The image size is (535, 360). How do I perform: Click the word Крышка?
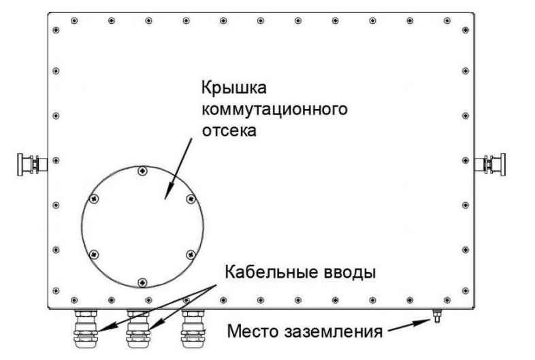point(233,88)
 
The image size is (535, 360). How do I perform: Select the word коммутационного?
point(275,110)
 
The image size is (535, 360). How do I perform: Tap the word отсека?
point(229,131)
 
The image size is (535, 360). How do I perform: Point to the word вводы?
point(347,273)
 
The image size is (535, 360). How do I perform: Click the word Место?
point(253,331)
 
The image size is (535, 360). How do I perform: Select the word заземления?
point(333,331)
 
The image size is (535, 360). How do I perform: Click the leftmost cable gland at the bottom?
point(85,328)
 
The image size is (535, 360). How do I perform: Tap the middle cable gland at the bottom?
point(138,328)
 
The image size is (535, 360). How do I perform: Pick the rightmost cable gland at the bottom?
point(193,328)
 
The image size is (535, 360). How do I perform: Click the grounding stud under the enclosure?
point(436,316)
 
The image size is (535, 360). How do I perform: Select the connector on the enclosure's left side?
point(33,165)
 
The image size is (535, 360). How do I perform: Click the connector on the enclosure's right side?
point(490,165)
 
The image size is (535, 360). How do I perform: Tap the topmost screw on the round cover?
point(143,171)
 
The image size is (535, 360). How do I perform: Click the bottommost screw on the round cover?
point(143,282)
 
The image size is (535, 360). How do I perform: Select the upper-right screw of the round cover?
point(191,199)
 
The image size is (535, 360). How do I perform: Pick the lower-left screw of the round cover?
point(94,255)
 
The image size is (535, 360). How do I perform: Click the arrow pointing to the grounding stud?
point(410,325)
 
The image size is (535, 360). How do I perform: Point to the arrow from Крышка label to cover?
point(178,169)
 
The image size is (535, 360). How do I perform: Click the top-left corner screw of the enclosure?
point(56,30)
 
